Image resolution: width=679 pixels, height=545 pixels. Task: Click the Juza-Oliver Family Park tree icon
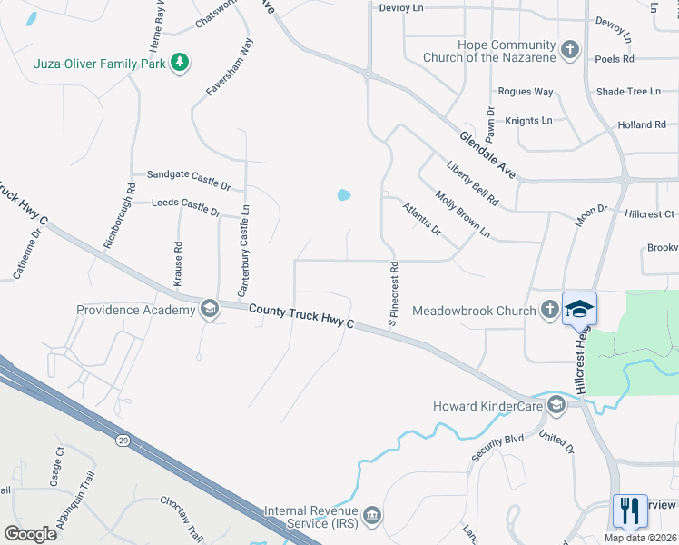(x=181, y=62)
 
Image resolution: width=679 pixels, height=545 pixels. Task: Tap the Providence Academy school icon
(x=209, y=310)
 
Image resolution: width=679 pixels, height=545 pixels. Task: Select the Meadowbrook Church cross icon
(x=549, y=310)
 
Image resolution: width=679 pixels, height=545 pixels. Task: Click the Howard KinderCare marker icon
(x=556, y=405)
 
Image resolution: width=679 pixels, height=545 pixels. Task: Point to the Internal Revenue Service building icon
(x=372, y=517)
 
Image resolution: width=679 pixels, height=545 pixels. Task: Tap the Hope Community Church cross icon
(x=569, y=50)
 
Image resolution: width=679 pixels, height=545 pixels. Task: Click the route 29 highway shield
(x=121, y=440)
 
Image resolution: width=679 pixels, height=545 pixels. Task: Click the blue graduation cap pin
(x=579, y=308)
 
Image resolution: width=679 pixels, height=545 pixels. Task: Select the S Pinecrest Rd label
(x=394, y=295)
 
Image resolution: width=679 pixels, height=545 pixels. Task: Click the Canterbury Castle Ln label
(x=243, y=251)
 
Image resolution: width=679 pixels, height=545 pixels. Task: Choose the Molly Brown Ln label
(x=462, y=214)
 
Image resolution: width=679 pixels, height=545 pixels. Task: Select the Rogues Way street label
(x=526, y=92)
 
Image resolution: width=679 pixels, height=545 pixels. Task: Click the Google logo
(x=30, y=534)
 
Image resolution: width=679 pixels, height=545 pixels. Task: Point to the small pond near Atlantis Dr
(x=343, y=194)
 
